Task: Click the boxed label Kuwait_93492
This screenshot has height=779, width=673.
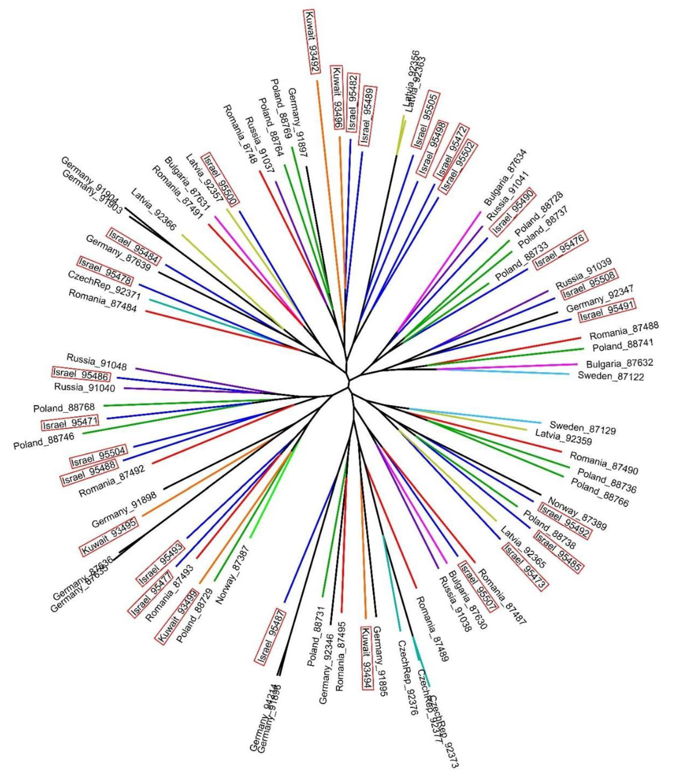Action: pyautogui.click(x=313, y=41)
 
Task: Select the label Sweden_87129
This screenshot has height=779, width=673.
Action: pyautogui.click(x=582, y=427)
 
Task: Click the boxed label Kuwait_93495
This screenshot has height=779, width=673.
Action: pyautogui.click(x=109, y=536)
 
